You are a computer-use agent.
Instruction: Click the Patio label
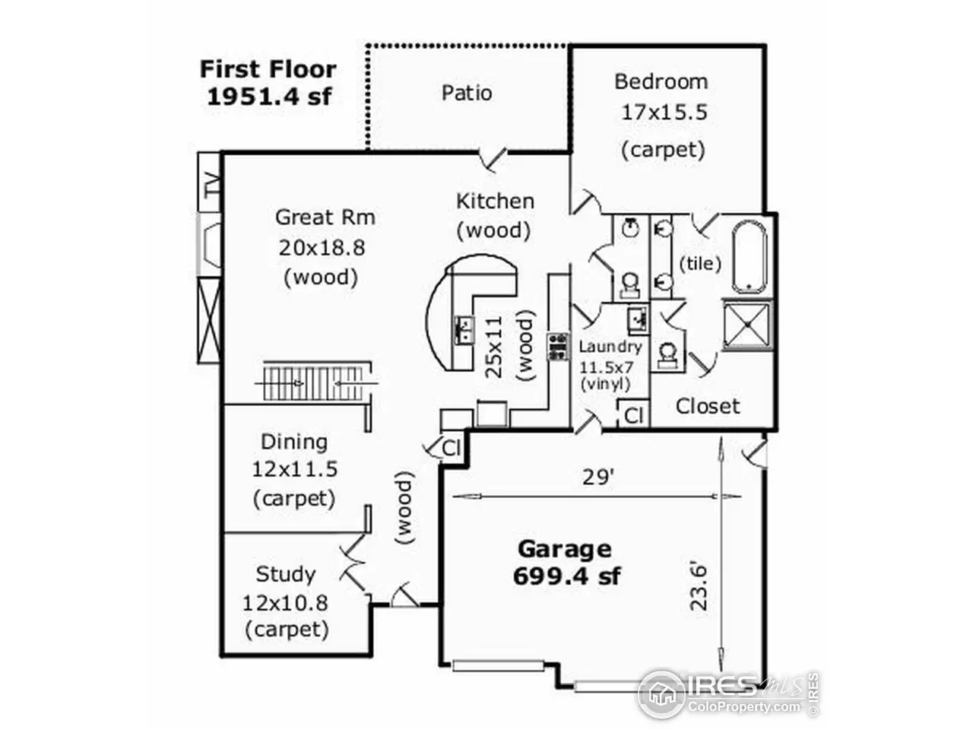tap(467, 93)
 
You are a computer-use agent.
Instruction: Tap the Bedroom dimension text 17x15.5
tap(664, 113)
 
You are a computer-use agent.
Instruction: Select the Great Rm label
tap(325, 217)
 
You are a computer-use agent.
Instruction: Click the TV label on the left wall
tap(212, 184)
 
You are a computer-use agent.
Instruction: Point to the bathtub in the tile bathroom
tap(750, 257)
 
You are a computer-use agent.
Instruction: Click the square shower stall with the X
tap(748, 325)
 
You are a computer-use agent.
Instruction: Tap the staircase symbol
tap(315, 382)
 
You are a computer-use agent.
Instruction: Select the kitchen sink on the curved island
tap(464, 330)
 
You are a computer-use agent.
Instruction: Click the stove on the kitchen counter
tap(558, 347)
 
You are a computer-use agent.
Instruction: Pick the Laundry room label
tap(610, 347)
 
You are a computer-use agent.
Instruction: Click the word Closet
tap(708, 406)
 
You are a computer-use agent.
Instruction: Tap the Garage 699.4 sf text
tap(566, 563)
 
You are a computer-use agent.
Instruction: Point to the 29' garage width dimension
tap(598, 478)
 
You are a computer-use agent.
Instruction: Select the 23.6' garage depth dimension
tap(699, 587)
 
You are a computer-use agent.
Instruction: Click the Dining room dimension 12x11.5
tap(295, 469)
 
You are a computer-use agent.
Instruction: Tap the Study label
tap(286, 574)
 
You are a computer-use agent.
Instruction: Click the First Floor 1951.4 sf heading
tap(268, 82)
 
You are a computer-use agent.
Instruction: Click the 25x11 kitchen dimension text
tap(493, 347)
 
